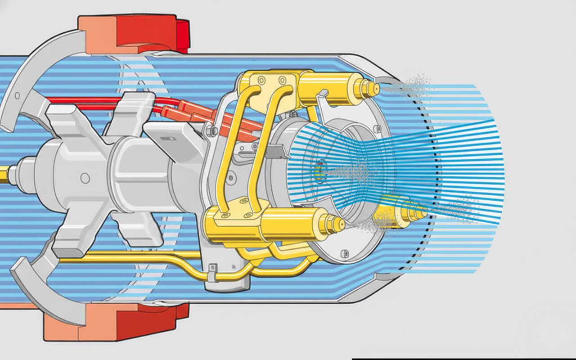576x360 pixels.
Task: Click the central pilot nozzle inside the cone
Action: pyautogui.click(x=320, y=171)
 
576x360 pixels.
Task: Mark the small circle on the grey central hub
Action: pyautogui.click(x=85, y=178)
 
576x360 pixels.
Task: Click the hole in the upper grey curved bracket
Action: pyautogui.click(x=17, y=95)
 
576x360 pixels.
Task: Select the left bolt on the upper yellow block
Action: pyautogui.click(x=261, y=81)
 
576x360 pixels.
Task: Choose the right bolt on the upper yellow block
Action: pyautogui.click(x=282, y=81)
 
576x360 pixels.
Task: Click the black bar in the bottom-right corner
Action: pyautogui.click(x=463, y=359)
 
